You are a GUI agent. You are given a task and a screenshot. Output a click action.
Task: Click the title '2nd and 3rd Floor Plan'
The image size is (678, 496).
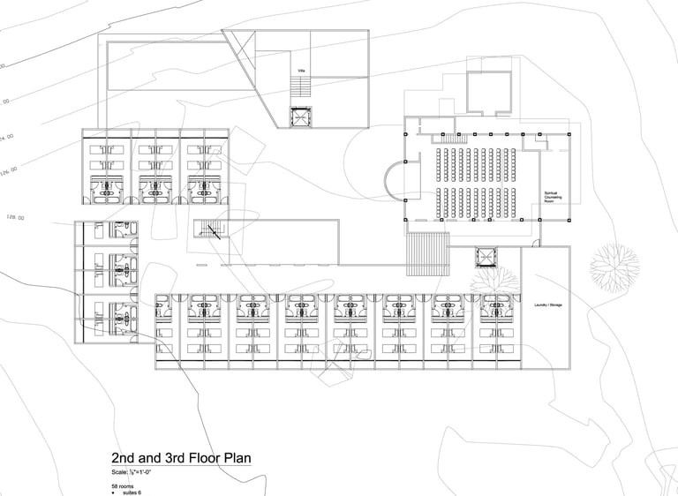[181, 458]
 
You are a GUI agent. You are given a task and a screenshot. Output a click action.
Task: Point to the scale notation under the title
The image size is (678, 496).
[136, 474]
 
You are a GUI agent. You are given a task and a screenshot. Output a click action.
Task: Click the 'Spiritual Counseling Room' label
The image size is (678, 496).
[554, 196]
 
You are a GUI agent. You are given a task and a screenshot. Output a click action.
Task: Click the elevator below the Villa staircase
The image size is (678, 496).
[302, 116]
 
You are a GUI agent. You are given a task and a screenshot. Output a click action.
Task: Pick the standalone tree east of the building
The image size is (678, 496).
[614, 266]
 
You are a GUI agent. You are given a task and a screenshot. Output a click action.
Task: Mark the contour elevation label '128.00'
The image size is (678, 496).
[15, 217]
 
